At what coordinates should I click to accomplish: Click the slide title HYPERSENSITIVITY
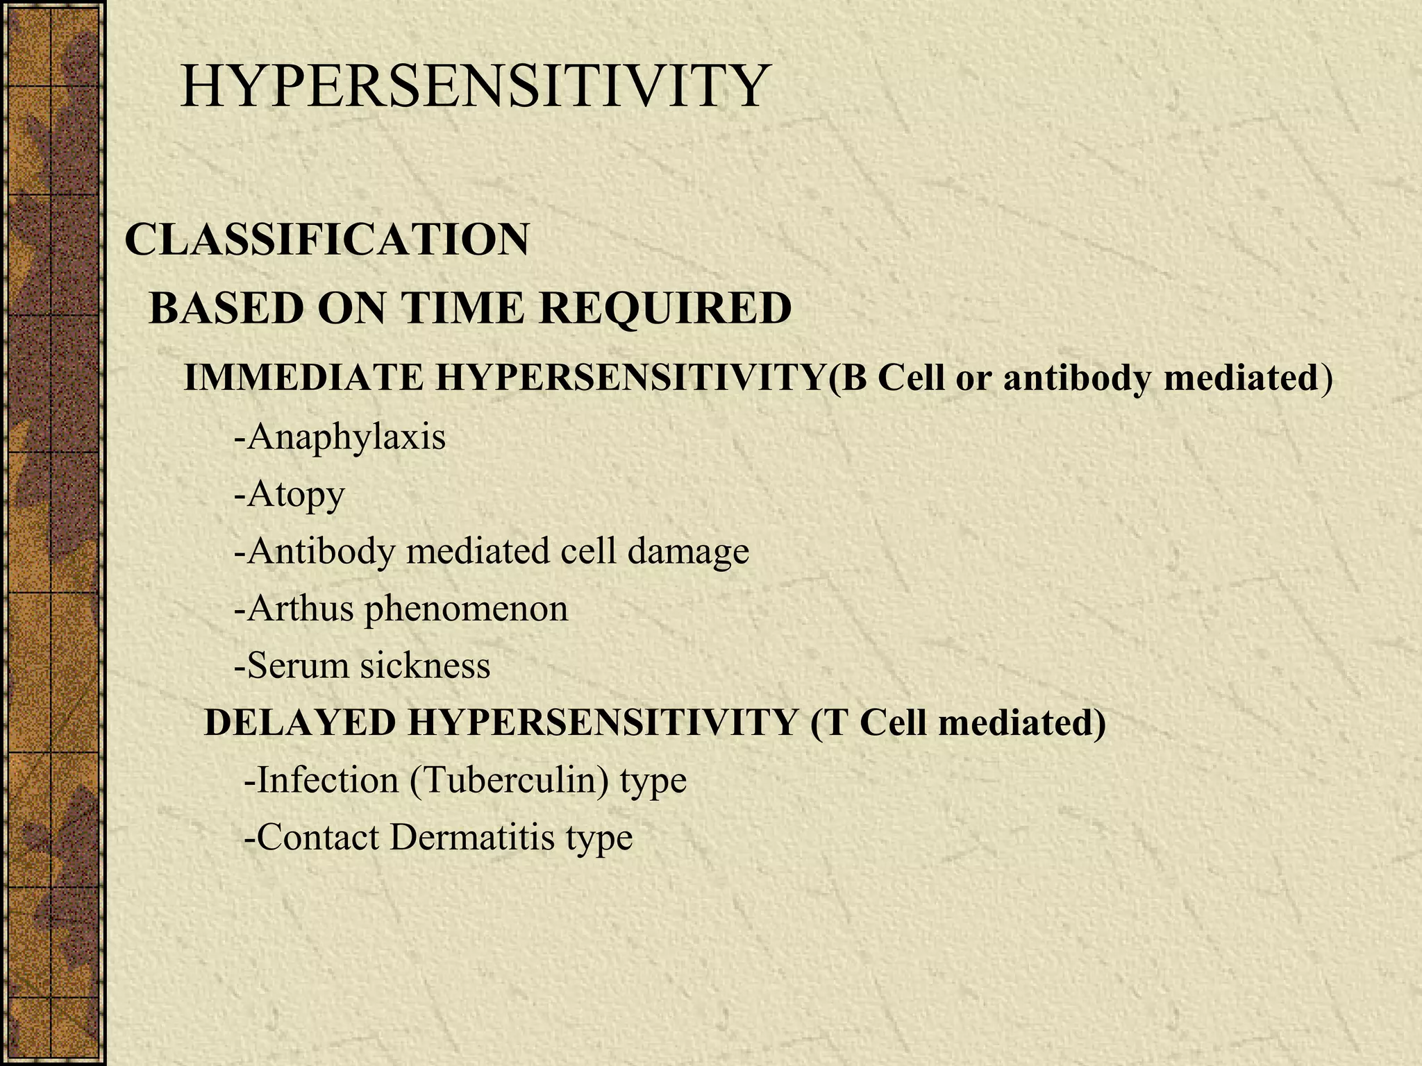click(x=475, y=87)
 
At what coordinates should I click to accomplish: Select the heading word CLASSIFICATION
click(x=326, y=239)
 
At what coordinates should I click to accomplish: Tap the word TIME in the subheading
click(x=465, y=308)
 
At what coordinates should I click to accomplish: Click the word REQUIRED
click(x=665, y=308)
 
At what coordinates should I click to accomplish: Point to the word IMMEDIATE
click(x=303, y=378)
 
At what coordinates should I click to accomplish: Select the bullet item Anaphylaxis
click(x=345, y=437)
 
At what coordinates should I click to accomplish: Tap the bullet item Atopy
click(x=295, y=496)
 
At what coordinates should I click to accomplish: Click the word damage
click(x=688, y=552)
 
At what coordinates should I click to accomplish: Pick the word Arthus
click(x=300, y=609)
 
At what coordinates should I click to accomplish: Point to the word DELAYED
click(x=299, y=722)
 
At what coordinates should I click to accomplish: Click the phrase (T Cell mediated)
click(x=957, y=722)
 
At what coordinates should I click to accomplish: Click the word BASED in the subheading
click(x=226, y=308)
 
